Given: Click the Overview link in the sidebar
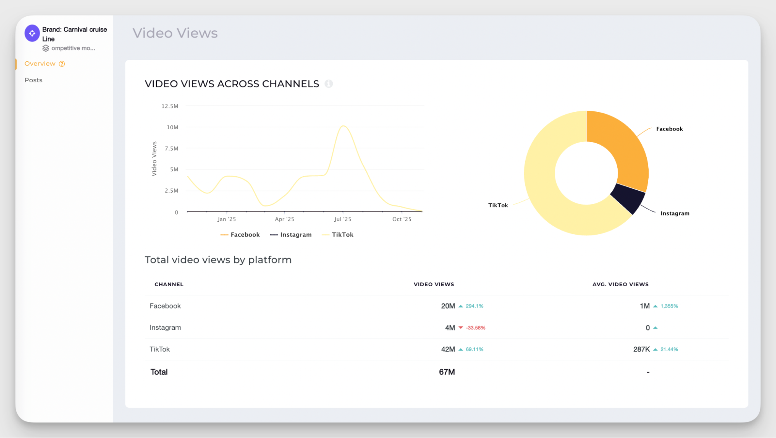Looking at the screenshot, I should (40, 64).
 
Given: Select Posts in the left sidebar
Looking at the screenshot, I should (33, 80).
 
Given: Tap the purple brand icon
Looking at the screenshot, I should (32, 33).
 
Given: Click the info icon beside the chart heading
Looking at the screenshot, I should (328, 84).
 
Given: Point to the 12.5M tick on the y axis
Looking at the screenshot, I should (170, 106).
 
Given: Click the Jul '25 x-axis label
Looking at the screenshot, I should (342, 219).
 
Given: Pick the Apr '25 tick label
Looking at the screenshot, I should (285, 219).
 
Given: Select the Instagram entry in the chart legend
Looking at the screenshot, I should (291, 235).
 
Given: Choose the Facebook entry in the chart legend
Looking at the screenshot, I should (240, 235).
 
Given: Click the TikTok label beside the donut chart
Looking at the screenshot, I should (498, 205).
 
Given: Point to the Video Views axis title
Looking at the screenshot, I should (154, 158).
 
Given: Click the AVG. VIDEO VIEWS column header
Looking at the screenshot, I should (620, 284).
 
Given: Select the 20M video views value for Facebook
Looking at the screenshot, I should (448, 306).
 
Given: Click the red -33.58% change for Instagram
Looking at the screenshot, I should (476, 328).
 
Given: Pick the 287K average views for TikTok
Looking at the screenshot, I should (641, 349).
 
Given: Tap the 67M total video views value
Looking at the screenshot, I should (447, 372).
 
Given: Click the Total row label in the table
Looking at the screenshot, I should (159, 372).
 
